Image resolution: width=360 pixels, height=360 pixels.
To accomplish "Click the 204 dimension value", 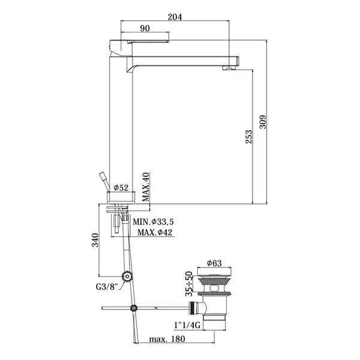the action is tap(175, 17).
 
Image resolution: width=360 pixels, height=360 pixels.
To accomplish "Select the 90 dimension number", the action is tap(145, 28).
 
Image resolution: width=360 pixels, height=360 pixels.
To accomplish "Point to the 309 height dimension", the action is tap(263, 122).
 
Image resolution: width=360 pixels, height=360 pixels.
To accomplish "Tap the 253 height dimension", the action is tap(248, 137).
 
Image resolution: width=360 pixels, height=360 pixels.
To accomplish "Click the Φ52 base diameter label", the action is tap(121, 188).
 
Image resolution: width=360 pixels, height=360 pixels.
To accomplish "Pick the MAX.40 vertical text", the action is tap(146, 187).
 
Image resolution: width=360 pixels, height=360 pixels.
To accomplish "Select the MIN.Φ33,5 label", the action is tap(154, 222).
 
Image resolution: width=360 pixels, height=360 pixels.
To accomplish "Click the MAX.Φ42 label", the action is tap(155, 232).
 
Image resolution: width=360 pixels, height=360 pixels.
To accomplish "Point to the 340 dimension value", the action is tap(95, 240).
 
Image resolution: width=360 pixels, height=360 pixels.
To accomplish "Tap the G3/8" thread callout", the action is tap(107, 287).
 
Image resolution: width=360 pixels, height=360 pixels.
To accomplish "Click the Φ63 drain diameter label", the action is tap(214, 263).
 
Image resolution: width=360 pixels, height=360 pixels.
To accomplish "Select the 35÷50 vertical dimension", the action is tap(189, 284).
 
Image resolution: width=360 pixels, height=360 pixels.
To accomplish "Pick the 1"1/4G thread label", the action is tap(187, 325).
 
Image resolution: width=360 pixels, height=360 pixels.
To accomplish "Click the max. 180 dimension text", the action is tap(167, 339).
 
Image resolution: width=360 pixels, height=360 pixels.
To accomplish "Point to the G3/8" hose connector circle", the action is tap(127, 276).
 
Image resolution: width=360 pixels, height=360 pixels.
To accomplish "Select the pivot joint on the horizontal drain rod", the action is tap(133, 308).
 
